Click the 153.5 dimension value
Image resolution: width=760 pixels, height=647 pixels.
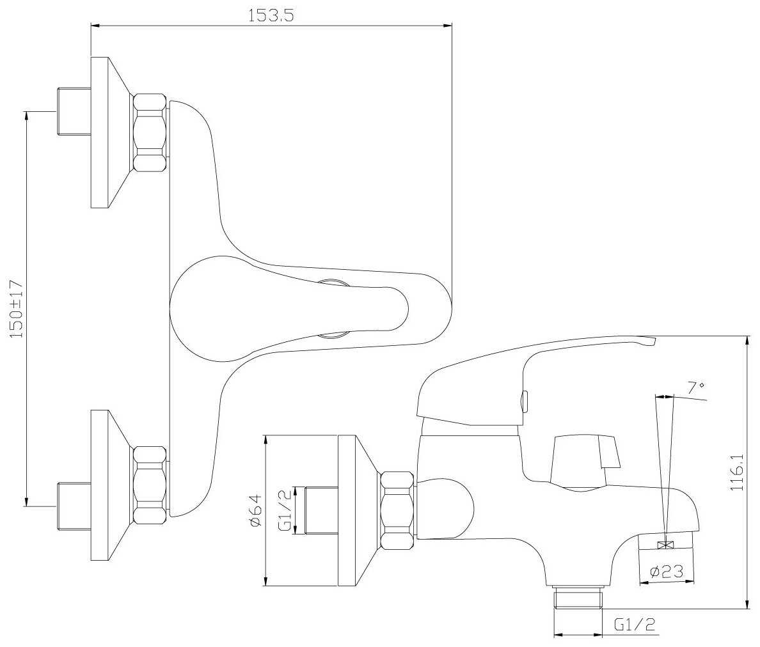point(271,16)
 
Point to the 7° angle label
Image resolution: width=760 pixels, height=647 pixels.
point(695,387)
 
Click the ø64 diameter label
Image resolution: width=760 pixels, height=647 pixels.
point(256,510)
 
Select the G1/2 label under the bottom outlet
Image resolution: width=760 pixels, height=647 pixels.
point(635,625)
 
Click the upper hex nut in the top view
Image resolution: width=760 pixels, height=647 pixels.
point(150,132)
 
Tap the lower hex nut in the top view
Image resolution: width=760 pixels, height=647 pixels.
point(150,485)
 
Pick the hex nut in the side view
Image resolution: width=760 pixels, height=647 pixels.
point(397,511)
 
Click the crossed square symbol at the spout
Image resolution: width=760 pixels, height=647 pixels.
point(665,545)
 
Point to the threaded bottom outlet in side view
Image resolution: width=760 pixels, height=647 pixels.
point(578,598)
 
